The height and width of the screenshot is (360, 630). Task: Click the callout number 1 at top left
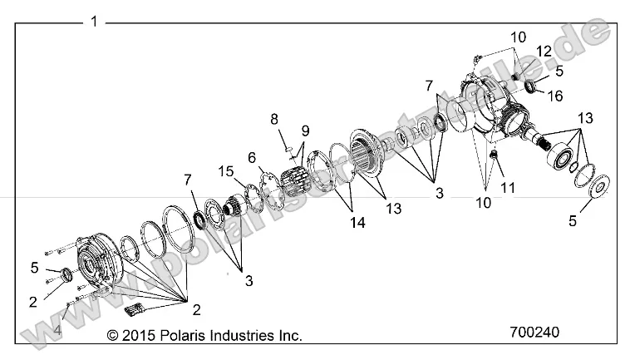(x=94, y=21)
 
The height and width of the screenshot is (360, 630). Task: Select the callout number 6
(x=251, y=156)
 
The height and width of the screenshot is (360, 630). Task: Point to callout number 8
(x=273, y=119)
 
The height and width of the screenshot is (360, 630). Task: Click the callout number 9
(x=305, y=131)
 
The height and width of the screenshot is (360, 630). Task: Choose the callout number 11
(x=508, y=188)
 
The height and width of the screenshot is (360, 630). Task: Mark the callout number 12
(x=543, y=52)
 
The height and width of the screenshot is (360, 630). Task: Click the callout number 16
(x=554, y=96)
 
